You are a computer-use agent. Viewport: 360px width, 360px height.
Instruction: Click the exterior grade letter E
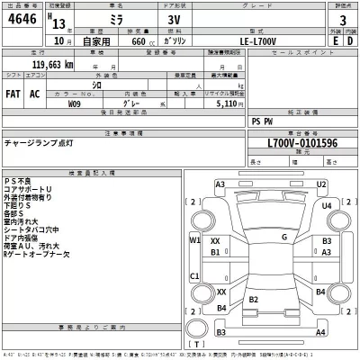(337, 40)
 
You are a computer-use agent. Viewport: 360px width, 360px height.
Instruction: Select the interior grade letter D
(350, 40)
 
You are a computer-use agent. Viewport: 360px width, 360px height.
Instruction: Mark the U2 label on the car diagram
(320, 184)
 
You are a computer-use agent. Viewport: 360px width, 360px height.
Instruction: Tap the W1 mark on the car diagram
(194, 240)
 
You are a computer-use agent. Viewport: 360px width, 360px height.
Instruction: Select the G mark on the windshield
(283, 237)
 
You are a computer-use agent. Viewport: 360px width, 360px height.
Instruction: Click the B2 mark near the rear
(255, 299)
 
